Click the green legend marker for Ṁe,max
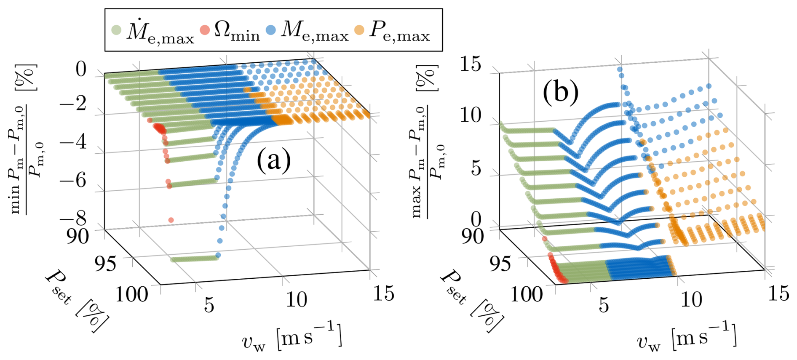pyautogui.click(x=116, y=30)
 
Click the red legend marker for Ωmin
pyautogui.click(x=205, y=30)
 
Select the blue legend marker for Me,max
pyautogui.click(x=271, y=30)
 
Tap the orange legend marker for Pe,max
pyautogui.click(x=359, y=30)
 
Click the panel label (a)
pyautogui.click(x=273, y=160)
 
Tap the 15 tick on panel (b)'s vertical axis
pyautogui.click(x=470, y=64)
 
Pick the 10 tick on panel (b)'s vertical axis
pyautogui.click(x=470, y=115)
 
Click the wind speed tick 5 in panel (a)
pyautogui.click(x=209, y=304)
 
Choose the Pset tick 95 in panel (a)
pyautogui.click(x=105, y=264)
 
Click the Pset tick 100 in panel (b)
pyautogui.click(x=526, y=293)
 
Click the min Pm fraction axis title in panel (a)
pyautogui.click(x=25, y=139)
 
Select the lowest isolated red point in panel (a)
pyautogui.click(x=171, y=220)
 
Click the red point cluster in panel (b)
pyautogui.click(x=556, y=269)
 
